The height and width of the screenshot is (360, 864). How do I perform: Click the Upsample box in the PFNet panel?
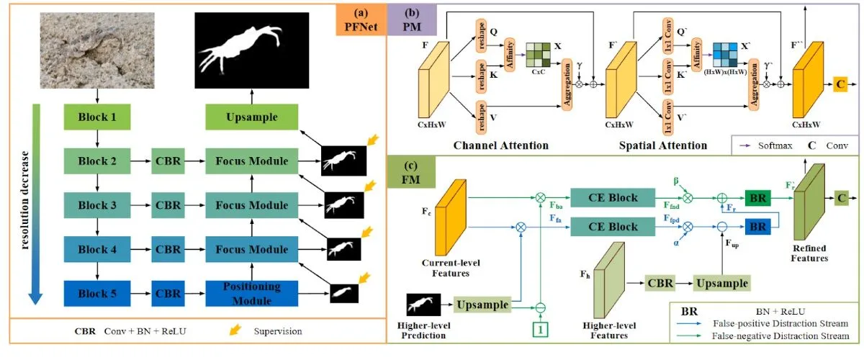pyautogui.click(x=251, y=117)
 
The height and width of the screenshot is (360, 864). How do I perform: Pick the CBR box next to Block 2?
pyautogui.click(x=168, y=161)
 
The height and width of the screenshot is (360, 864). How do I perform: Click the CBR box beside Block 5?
pyautogui.click(x=168, y=293)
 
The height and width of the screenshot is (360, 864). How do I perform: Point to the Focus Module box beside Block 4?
pyautogui.click(x=251, y=249)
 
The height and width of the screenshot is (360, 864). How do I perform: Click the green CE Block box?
pyautogui.click(x=613, y=196)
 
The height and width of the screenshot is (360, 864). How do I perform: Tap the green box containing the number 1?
pyautogui.click(x=541, y=330)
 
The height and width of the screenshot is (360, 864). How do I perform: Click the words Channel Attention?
pyautogui.click(x=500, y=145)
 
